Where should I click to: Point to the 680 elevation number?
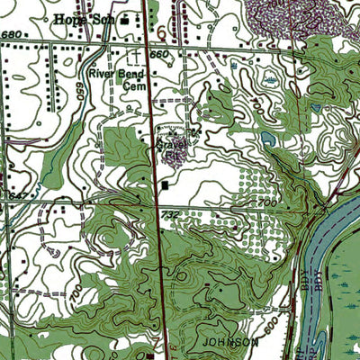coord(11,34)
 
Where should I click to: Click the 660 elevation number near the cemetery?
coord(160,54)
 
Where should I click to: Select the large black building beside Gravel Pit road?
coord(166,186)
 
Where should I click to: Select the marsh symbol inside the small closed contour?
coord(270,80)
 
